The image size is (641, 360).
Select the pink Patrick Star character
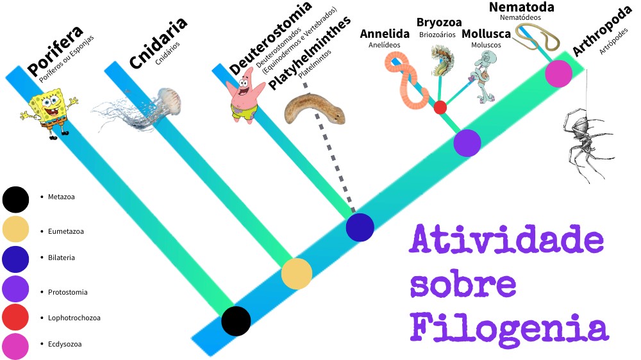coord(247,96)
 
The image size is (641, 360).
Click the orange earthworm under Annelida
coord(407,80)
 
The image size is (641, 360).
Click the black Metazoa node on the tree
coord(236,320)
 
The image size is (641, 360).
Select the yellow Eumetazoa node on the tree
coord(297,274)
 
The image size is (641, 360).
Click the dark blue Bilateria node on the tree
coord(360,227)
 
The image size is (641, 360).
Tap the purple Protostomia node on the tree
coord(467,143)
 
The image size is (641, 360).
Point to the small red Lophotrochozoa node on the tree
coord(440,107)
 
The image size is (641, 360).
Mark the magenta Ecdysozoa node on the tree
coord(558,74)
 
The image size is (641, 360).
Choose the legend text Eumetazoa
coord(66,231)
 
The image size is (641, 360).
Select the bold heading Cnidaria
coord(158,42)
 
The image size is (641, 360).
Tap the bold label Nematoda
coord(522,7)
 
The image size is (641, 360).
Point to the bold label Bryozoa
coord(439,22)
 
